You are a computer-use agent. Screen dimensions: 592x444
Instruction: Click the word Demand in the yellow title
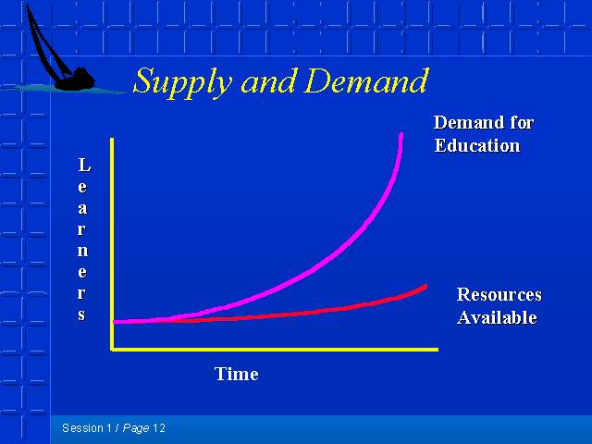pyautogui.click(x=366, y=80)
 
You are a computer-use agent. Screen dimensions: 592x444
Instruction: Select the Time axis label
pyautogui.click(x=237, y=374)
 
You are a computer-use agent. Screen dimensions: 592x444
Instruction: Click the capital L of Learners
pyautogui.click(x=84, y=165)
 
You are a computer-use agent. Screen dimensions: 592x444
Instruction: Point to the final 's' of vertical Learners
pyautogui.click(x=82, y=314)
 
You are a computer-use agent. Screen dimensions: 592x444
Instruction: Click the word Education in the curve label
pyautogui.click(x=477, y=146)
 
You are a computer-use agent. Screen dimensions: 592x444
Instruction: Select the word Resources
pyautogui.click(x=499, y=294)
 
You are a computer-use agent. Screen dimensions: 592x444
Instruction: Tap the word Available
pyautogui.click(x=497, y=317)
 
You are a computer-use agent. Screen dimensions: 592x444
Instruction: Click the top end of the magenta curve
pyautogui.click(x=401, y=134)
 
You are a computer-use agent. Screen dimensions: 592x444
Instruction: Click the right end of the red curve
pyautogui.click(x=425, y=287)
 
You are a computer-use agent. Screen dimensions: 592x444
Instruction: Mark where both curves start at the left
pyautogui.click(x=115, y=322)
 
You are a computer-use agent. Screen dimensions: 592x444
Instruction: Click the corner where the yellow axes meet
pyautogui.click(x=112, y=350)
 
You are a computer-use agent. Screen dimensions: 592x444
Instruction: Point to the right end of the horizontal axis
pyautogui.click(x=438, y=350)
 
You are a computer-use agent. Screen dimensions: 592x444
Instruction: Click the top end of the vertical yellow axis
pyautogui.click(x=112, y=139)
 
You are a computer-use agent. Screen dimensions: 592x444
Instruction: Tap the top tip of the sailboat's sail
pyautogui.click(x=28, y=5)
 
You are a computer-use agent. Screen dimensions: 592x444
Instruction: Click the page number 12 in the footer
pyautogui.click(x=159, y=428)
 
